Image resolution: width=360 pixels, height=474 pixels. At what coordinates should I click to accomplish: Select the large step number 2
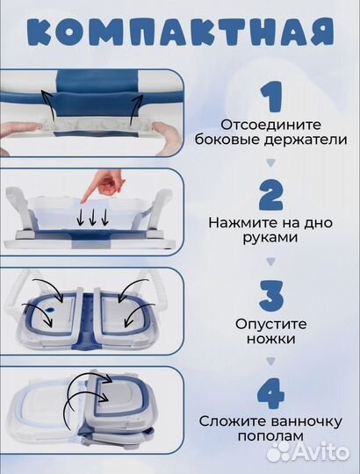(271, 195)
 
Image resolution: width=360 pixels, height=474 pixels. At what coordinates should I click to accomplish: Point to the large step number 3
(271, 294)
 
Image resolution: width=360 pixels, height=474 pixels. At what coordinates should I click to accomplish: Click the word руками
(270, 238)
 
